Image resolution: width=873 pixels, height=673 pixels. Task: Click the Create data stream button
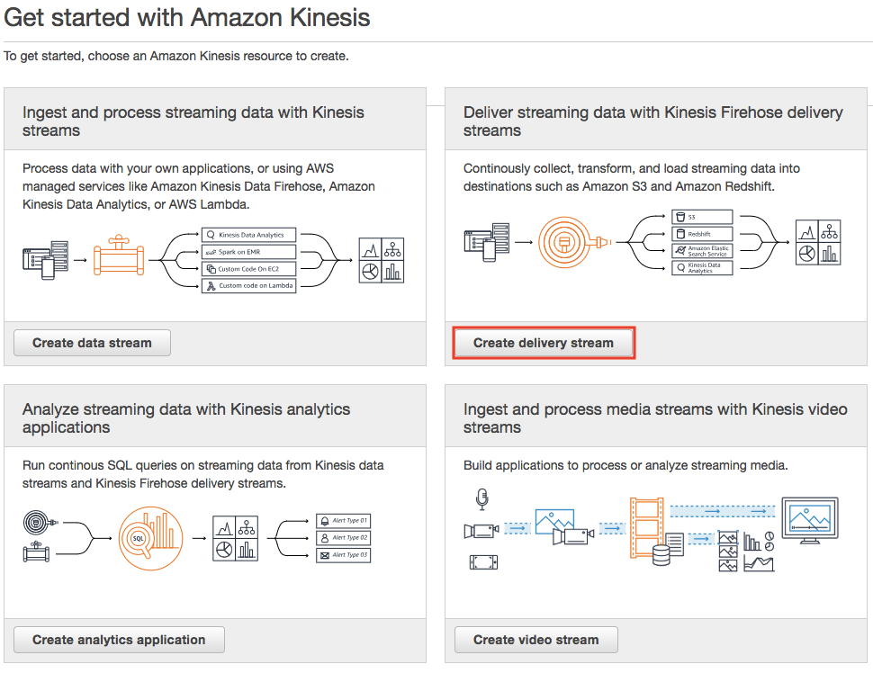coord(92,343)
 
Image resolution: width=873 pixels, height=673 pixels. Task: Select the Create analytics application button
coord(119,640)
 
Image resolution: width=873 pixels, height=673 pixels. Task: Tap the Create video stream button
coord(535,640)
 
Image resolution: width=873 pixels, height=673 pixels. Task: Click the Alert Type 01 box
coord(343,521)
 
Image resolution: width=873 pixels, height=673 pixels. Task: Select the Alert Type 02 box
coord(343,537)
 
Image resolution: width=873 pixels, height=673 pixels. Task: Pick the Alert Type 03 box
coord(343,555)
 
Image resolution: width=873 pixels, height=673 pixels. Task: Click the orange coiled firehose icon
coord(568,241)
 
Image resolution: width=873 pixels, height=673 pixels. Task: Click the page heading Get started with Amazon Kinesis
coord(187,17)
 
